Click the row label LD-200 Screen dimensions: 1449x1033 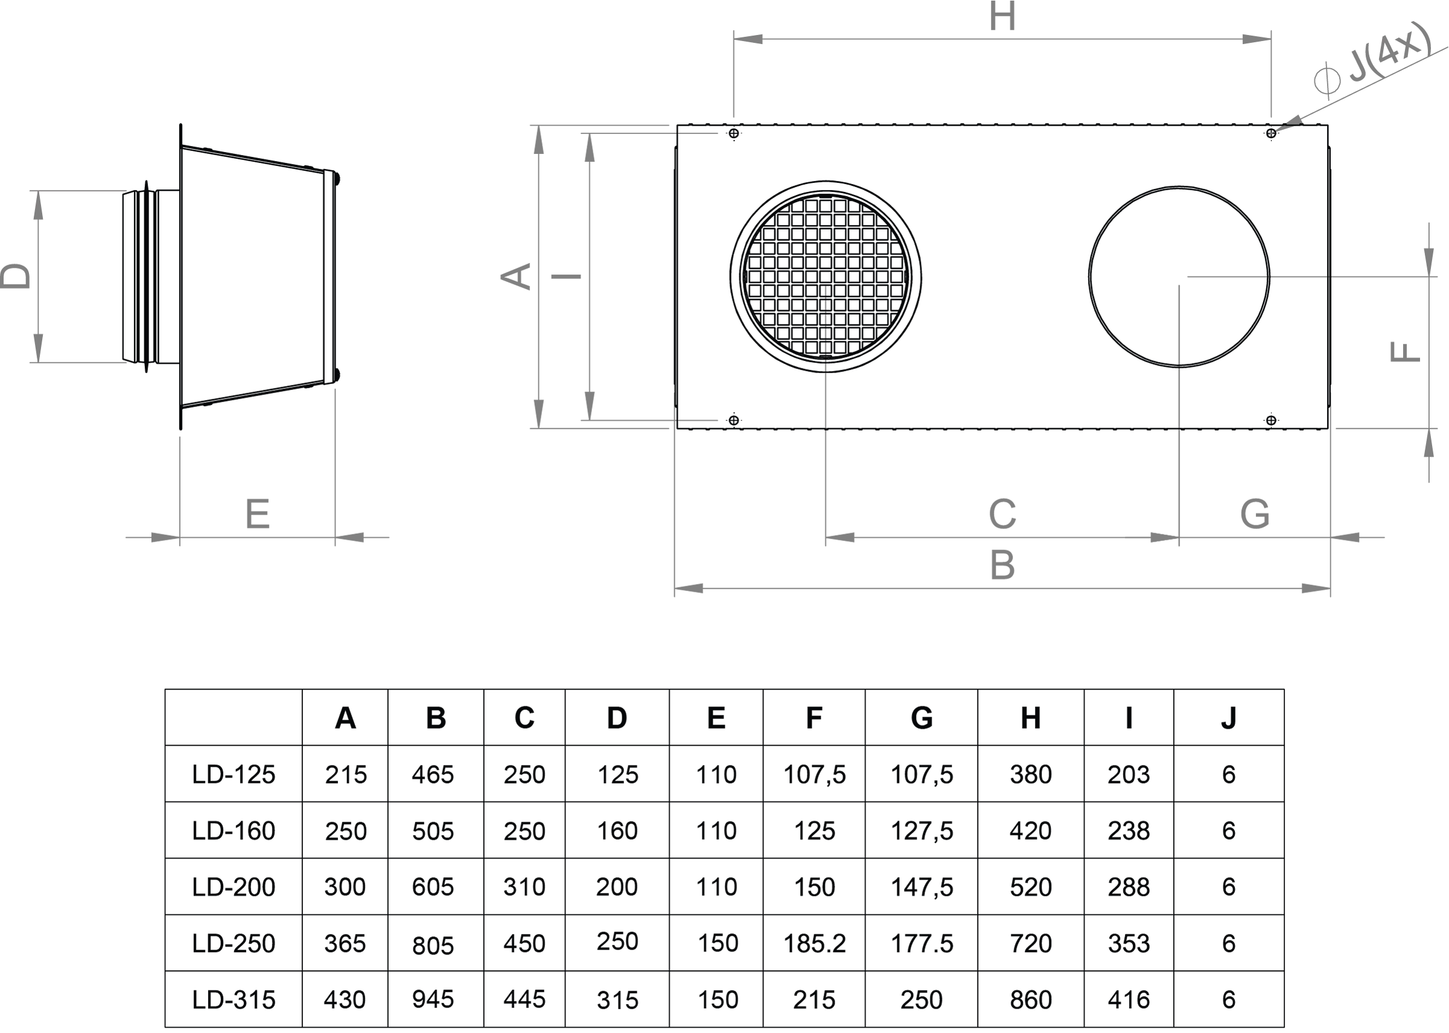234,887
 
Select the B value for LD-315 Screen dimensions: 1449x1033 433,999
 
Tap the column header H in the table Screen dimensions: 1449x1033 1031,718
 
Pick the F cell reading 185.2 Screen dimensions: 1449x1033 815,943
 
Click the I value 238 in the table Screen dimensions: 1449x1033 1129,831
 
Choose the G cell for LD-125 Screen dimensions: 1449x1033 922,774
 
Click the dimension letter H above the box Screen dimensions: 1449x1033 1002,16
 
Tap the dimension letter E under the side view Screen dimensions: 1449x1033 258,514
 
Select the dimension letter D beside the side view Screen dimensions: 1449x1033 16,277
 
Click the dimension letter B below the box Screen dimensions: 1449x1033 1002,565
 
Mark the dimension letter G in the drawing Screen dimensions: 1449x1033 1255,514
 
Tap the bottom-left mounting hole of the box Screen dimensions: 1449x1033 734,420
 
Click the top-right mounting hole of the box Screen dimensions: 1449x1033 1271,133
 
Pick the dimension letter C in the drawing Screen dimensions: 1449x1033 1002,514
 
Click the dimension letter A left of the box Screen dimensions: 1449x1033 516,277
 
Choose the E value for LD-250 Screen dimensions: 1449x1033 718,943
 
